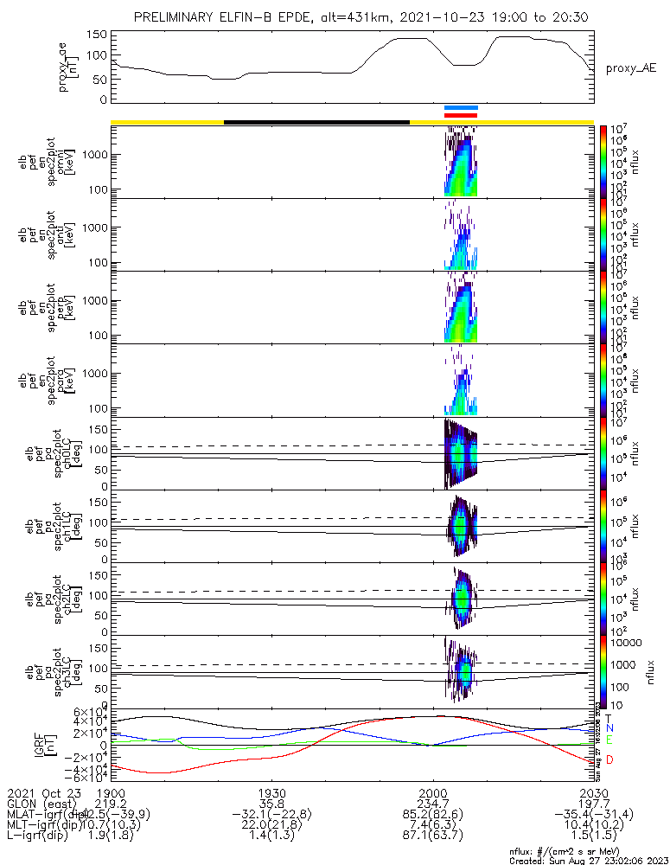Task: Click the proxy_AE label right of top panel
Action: click(628, 67)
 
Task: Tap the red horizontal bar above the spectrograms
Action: click(460, 115)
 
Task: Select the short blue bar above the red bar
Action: click(460, 108)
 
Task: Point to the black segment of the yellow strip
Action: click(316, 122)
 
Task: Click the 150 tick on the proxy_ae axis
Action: click(97, 35)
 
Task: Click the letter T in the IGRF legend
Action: click(609, 718)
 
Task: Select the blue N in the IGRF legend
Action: click(609, 728)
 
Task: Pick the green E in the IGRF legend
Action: click(609, 740)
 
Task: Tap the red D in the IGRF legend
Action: click(609, 760)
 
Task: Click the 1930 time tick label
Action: click(272, 793)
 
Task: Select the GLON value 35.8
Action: click(272, 804)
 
